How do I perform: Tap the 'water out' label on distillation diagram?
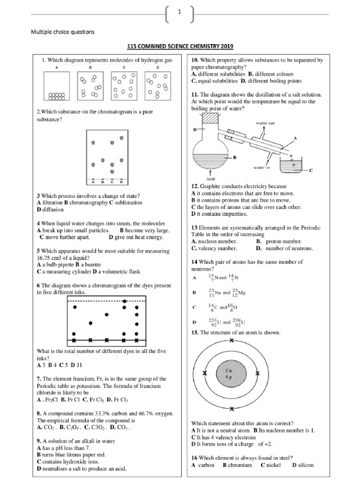[x=265, y=123]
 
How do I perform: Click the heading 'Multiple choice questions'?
[x=62, y=32]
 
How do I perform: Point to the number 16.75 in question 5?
[x=45, y=258]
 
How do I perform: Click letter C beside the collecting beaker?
[x=311, y=172]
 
